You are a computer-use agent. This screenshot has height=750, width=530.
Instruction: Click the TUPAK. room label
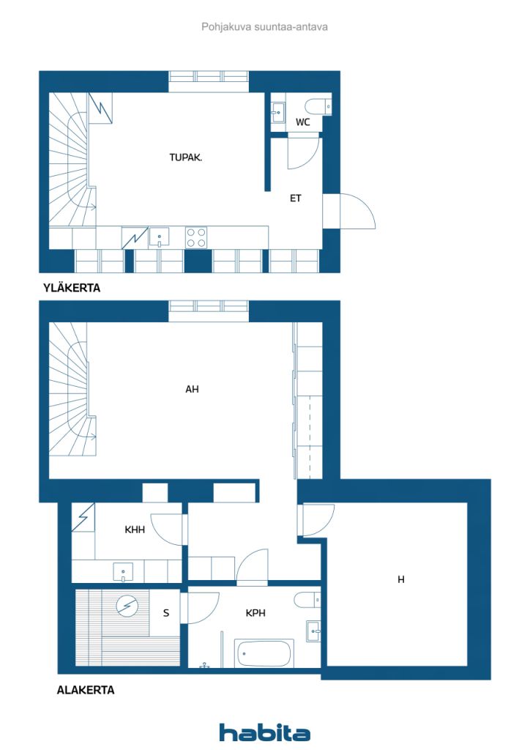(x=185, y=157)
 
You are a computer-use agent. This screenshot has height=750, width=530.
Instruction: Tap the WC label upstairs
(x=302, y=122)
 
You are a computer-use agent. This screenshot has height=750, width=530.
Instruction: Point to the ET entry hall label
(x=295, y=198)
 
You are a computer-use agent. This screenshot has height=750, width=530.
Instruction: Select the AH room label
(x=192, y=390)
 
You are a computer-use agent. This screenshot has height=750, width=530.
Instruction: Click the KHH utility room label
(x=134, y=530)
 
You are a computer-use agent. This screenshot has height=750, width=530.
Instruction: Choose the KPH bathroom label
(x=255, y=613)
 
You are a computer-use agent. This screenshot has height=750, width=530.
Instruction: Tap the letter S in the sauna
(x=166, y=613)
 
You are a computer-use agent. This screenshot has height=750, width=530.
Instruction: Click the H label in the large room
(x=401, y=579)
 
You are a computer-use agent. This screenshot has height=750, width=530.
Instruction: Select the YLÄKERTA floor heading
(x=72, y=288)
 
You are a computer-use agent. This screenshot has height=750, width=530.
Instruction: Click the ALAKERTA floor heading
(x=86, y=690)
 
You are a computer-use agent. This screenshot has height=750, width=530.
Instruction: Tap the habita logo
(x=264, y=732)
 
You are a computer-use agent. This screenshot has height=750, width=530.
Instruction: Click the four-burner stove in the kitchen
(x=196, y=238)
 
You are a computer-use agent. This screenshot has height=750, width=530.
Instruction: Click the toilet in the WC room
(x=318, y=106)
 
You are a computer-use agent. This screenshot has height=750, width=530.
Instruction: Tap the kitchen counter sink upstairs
(x=159, y=237)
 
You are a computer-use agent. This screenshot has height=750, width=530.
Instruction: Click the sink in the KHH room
(x=123, y=572)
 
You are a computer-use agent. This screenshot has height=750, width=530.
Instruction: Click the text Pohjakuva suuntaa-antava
(x=264, y=27)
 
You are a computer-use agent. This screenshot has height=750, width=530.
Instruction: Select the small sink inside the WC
(x=278, y=113)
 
